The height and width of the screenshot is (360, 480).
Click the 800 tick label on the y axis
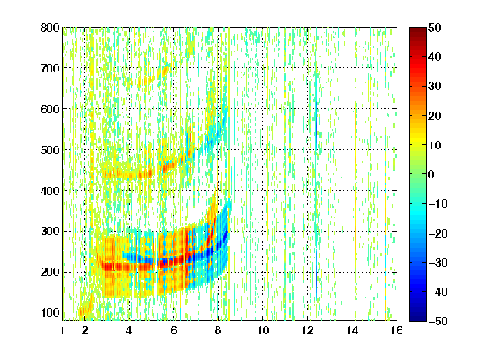50,27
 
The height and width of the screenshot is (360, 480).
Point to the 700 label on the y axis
50,68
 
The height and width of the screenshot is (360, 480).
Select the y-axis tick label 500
50,150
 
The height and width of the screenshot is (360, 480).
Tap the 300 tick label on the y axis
50,232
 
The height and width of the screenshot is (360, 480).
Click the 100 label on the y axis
50,312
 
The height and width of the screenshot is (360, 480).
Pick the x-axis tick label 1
62,330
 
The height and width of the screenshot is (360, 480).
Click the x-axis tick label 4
129,330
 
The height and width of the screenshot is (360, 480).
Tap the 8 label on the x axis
217,330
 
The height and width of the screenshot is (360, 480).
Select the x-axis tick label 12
307,330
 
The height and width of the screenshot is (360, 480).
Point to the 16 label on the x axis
397,330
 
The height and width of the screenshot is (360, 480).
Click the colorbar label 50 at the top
434,27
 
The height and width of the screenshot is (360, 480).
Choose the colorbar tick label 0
432,174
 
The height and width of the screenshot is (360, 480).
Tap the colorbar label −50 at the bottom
438,321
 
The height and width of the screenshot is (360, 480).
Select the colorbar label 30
434,87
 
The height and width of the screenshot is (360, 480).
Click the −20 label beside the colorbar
438,233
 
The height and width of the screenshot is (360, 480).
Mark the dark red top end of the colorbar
417,29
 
